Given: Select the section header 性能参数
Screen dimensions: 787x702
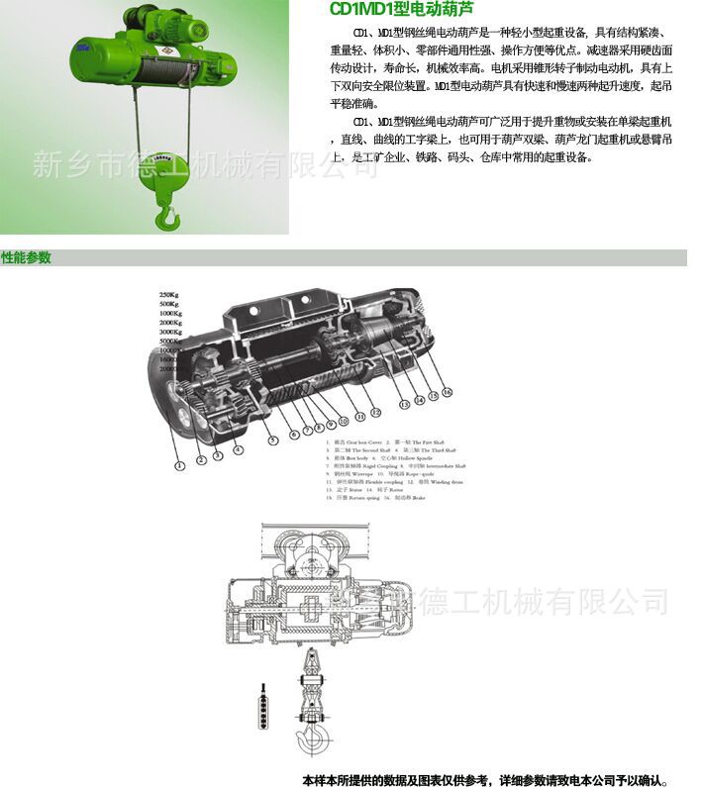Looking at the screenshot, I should (27, 258).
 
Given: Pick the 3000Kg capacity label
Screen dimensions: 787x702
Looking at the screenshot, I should (170, 332).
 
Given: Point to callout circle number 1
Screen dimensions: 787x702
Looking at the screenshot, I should (179, 463).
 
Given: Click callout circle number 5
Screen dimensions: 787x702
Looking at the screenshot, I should (269, 439).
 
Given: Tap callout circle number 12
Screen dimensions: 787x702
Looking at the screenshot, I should (375, 411).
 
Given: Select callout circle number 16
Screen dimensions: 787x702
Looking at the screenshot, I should (447, 392).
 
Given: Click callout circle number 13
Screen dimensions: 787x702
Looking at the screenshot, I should (404, 405).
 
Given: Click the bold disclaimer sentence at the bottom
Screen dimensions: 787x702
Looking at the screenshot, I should (491, 779).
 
